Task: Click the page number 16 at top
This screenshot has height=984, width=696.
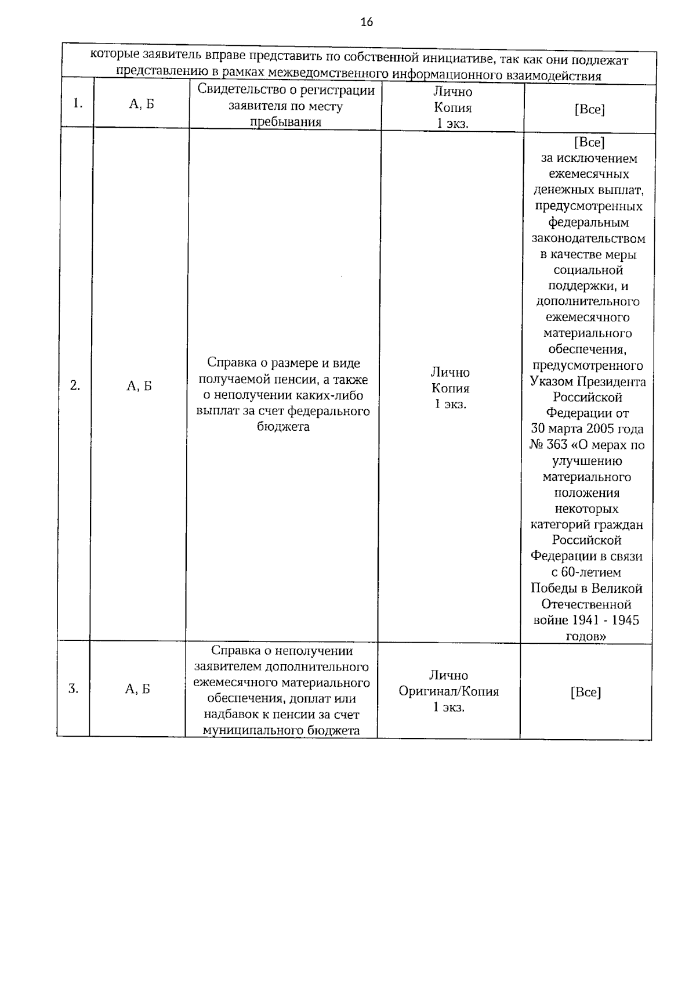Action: click(366, 23)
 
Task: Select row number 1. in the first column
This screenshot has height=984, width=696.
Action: click(78, 103)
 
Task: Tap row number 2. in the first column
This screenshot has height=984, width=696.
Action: click(75, 385)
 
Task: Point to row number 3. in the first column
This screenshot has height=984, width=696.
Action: click(73, 689)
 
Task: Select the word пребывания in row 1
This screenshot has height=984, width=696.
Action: click(285, 122)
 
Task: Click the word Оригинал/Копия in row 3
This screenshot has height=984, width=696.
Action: click(448, 691)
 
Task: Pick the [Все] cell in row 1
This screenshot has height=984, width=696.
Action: click(589, 110)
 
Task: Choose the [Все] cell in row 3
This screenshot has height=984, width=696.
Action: click(585, 692)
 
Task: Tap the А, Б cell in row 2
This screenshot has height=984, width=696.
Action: click(139, 386)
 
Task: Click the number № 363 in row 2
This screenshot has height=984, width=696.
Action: click(548, 445)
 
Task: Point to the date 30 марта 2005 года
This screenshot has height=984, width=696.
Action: click(587, 429)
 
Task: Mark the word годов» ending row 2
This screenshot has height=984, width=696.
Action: click(586, 636)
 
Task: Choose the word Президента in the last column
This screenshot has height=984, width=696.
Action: click(614, 381)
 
